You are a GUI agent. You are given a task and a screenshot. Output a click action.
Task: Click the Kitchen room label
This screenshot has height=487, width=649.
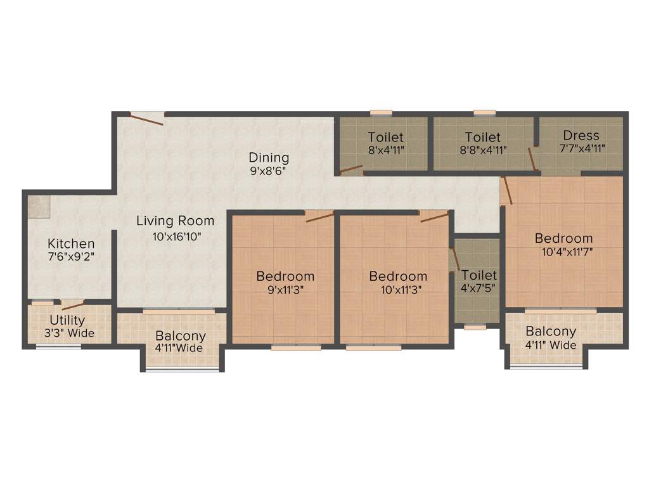coord(71,243)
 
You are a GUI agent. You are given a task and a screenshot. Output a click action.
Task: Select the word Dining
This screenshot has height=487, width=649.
coord(269,157)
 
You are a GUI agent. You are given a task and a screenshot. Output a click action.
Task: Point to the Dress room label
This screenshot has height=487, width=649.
coord(581,135)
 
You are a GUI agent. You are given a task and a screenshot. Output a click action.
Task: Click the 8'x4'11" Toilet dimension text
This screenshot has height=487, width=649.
coord(385,151)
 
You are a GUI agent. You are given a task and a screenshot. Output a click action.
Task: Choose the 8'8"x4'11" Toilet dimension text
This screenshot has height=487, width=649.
coord(482,151)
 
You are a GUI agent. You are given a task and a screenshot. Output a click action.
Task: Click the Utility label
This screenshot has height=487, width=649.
coord(67,321)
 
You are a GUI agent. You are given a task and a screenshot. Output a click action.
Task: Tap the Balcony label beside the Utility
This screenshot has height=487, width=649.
coord(181,335)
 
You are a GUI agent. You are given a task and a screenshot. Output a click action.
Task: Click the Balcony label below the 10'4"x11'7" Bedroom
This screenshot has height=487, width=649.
coord(551,331)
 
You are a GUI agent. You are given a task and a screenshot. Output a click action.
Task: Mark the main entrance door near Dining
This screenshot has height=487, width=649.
coord(148,117)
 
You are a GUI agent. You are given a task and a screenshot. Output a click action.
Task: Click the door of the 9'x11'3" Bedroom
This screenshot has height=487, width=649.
coord(319,217)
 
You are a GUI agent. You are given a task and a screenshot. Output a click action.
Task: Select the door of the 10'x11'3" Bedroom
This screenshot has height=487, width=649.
coord(434,217)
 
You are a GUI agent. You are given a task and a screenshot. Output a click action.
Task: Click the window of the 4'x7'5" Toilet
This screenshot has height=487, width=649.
coord(475,327)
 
